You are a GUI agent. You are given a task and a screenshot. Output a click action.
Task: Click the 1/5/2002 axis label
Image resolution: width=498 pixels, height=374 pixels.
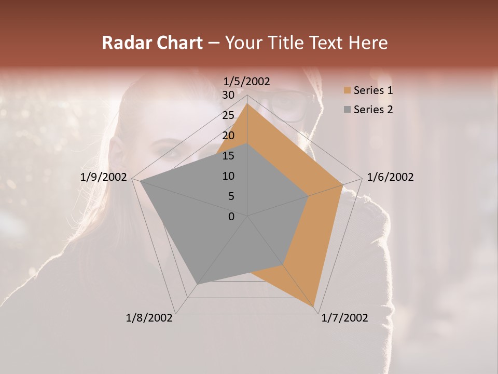pyautogui.click(x=247, y=82)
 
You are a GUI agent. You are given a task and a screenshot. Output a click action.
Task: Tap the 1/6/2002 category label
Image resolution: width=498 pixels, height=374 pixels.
pyautogui.click(x=390, y=177)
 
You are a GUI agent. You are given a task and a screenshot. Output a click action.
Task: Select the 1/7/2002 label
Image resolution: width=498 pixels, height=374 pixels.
pyautogui.click(x=344, y=318)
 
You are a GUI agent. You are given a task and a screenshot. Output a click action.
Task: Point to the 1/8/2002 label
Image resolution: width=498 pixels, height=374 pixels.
pyautogui.click(x=149, y=318)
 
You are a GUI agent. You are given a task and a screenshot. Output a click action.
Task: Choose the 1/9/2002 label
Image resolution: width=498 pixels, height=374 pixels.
pyautogui.click(x=104, y=177)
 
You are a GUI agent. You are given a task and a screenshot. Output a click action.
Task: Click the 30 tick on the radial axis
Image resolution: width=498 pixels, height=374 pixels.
pyautogui.click(x=228, y=95)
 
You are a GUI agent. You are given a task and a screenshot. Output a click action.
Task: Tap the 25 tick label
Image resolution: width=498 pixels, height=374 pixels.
pyautogui.click(x=228, y=115)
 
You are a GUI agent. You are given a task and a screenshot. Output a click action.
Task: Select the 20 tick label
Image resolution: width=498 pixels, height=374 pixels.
pyautogui.click(x=228, y=136)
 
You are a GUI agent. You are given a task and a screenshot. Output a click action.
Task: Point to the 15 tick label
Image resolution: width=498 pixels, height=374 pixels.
pyautogui.click(x=228, y=156)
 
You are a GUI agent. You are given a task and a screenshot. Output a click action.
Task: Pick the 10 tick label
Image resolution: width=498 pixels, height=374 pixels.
pyautogui.click(x=228, y=176)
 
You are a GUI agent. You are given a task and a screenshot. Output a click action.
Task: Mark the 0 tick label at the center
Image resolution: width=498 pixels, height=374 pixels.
pyautogui.click(x=231, y=217)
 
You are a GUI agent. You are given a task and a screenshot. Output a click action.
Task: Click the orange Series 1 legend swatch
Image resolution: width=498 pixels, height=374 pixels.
pyautogui.click(x=347, y=90)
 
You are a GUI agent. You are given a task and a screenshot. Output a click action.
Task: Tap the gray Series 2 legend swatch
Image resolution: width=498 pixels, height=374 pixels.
pyautogui.click(x=347, y=110)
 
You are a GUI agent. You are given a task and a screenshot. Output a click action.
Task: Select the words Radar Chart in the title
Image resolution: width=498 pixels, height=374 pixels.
pyautogui.click(x=152, y=43)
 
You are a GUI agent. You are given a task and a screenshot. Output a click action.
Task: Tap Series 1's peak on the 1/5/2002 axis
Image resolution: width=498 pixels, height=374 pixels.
pyautogui.click(x=247, y=103)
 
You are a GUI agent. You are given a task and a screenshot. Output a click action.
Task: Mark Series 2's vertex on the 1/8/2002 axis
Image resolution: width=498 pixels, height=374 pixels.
pyautogui.click(x=197, y=284)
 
